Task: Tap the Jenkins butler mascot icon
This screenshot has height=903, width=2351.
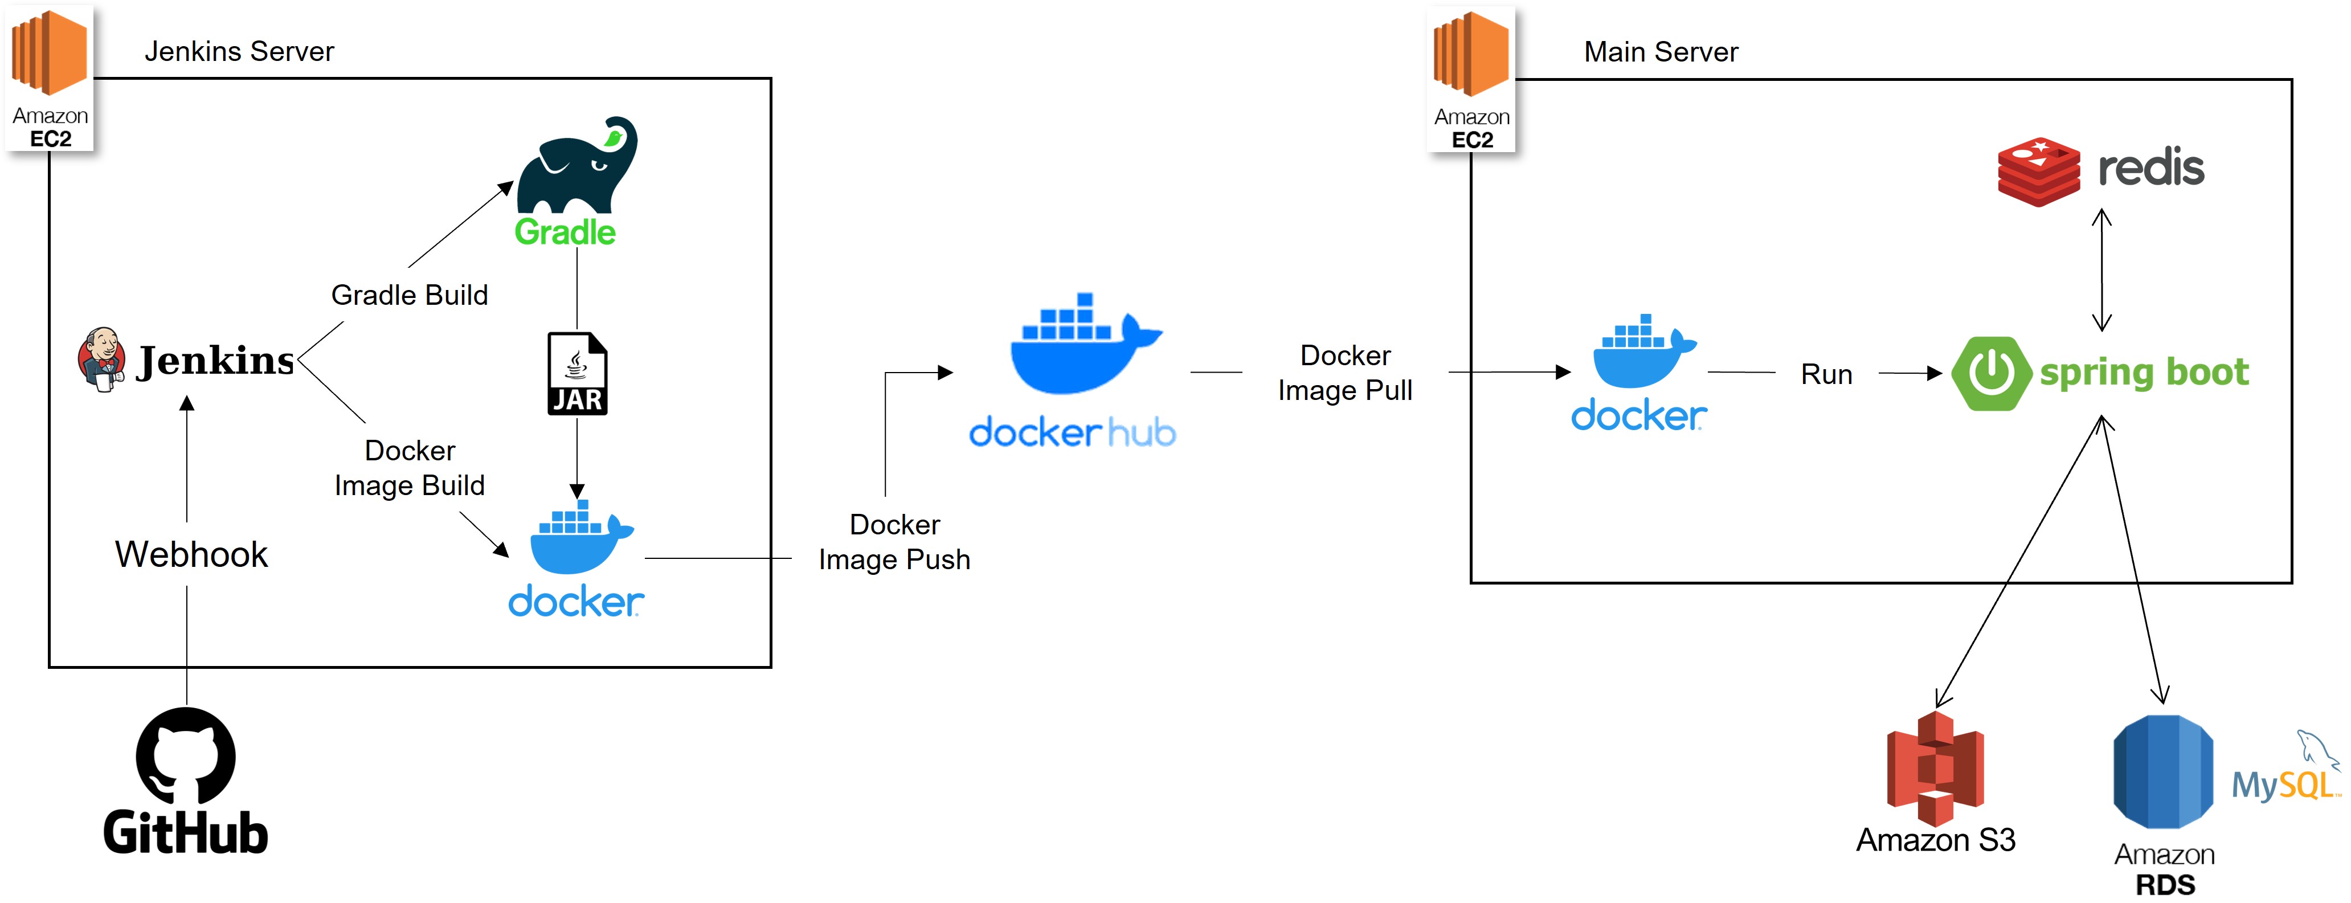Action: click(x=101, y=359)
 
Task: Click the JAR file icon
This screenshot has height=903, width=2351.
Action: click(x=577, y=373)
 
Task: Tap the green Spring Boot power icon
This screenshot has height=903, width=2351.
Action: click(x=1990, y=373)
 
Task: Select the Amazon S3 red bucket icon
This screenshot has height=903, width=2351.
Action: click(x=1935, y=769)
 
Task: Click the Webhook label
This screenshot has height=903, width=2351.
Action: click(x=191, y=554)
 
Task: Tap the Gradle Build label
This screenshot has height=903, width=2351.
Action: click(x=409, y=295)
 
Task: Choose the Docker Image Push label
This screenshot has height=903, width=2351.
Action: click(x=894, y=541)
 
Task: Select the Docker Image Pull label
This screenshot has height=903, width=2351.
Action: click(x=1344, y=373)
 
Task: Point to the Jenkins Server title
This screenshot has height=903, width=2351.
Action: click(x=239, y=51)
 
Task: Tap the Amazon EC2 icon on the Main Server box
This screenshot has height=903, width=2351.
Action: click(x=1471, y=77)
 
